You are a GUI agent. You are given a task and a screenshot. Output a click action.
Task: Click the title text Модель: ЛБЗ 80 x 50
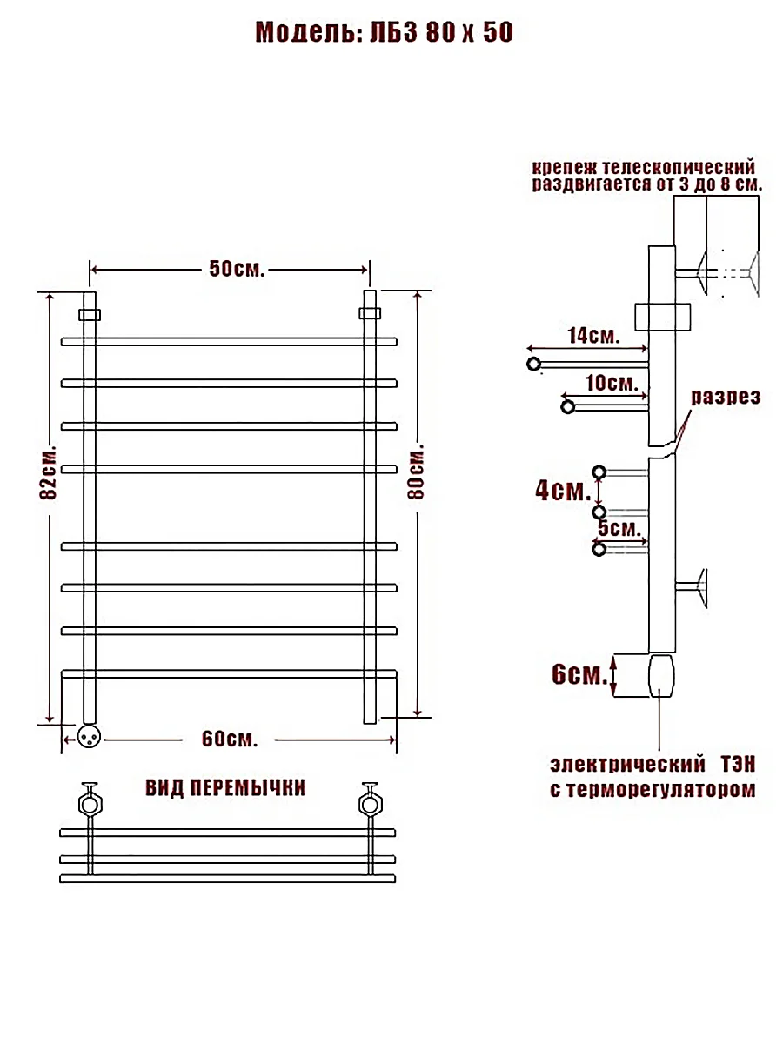(x=385, y=32)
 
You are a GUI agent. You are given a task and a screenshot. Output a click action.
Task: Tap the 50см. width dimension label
(x=237, y=269)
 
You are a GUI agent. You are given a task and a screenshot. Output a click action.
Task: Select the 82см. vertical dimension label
(x=49, y=472)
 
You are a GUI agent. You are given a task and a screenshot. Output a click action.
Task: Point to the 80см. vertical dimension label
(x=416, y=472)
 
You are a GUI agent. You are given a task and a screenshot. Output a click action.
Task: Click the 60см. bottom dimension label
(x=230, y=739)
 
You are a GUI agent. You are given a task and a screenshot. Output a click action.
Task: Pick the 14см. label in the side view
(x=594, y=336)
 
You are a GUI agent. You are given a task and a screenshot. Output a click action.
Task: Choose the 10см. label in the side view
(x=612, y=383)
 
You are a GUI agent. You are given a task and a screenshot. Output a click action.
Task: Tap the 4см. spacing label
(x=563, y=491)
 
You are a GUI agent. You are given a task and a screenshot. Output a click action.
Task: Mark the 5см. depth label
(x=619, y=528)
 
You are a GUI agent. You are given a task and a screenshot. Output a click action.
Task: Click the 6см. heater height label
(x=579, y=674)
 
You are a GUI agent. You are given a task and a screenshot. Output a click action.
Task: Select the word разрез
(x=726, y=397)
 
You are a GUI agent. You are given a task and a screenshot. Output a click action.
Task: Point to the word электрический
(x=627, y=765)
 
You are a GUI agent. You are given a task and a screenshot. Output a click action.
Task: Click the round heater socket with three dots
(x=89, y=737)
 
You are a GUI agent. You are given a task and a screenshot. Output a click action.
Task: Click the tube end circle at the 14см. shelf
(x=534, y=365)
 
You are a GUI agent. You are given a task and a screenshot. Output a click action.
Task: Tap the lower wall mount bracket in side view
(x=692, y=588)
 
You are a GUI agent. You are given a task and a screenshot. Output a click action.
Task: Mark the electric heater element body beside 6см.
(x=661, y=676)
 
